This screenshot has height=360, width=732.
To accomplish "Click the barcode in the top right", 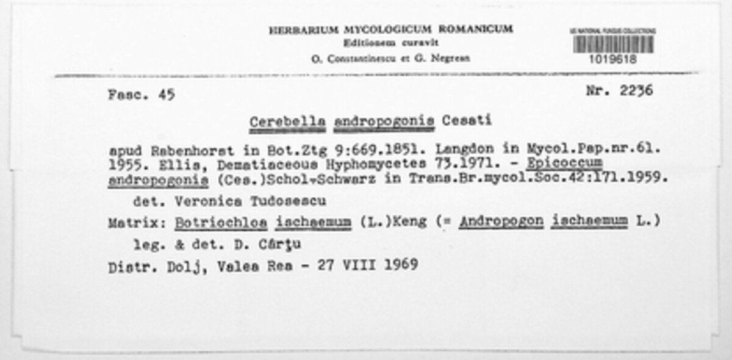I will tap(612, 44).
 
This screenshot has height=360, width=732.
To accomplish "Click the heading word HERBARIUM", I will tap(303, 30).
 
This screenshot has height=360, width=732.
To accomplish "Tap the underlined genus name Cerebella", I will tap(287, 122).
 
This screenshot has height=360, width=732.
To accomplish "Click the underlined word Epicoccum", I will tap(565, 164).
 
